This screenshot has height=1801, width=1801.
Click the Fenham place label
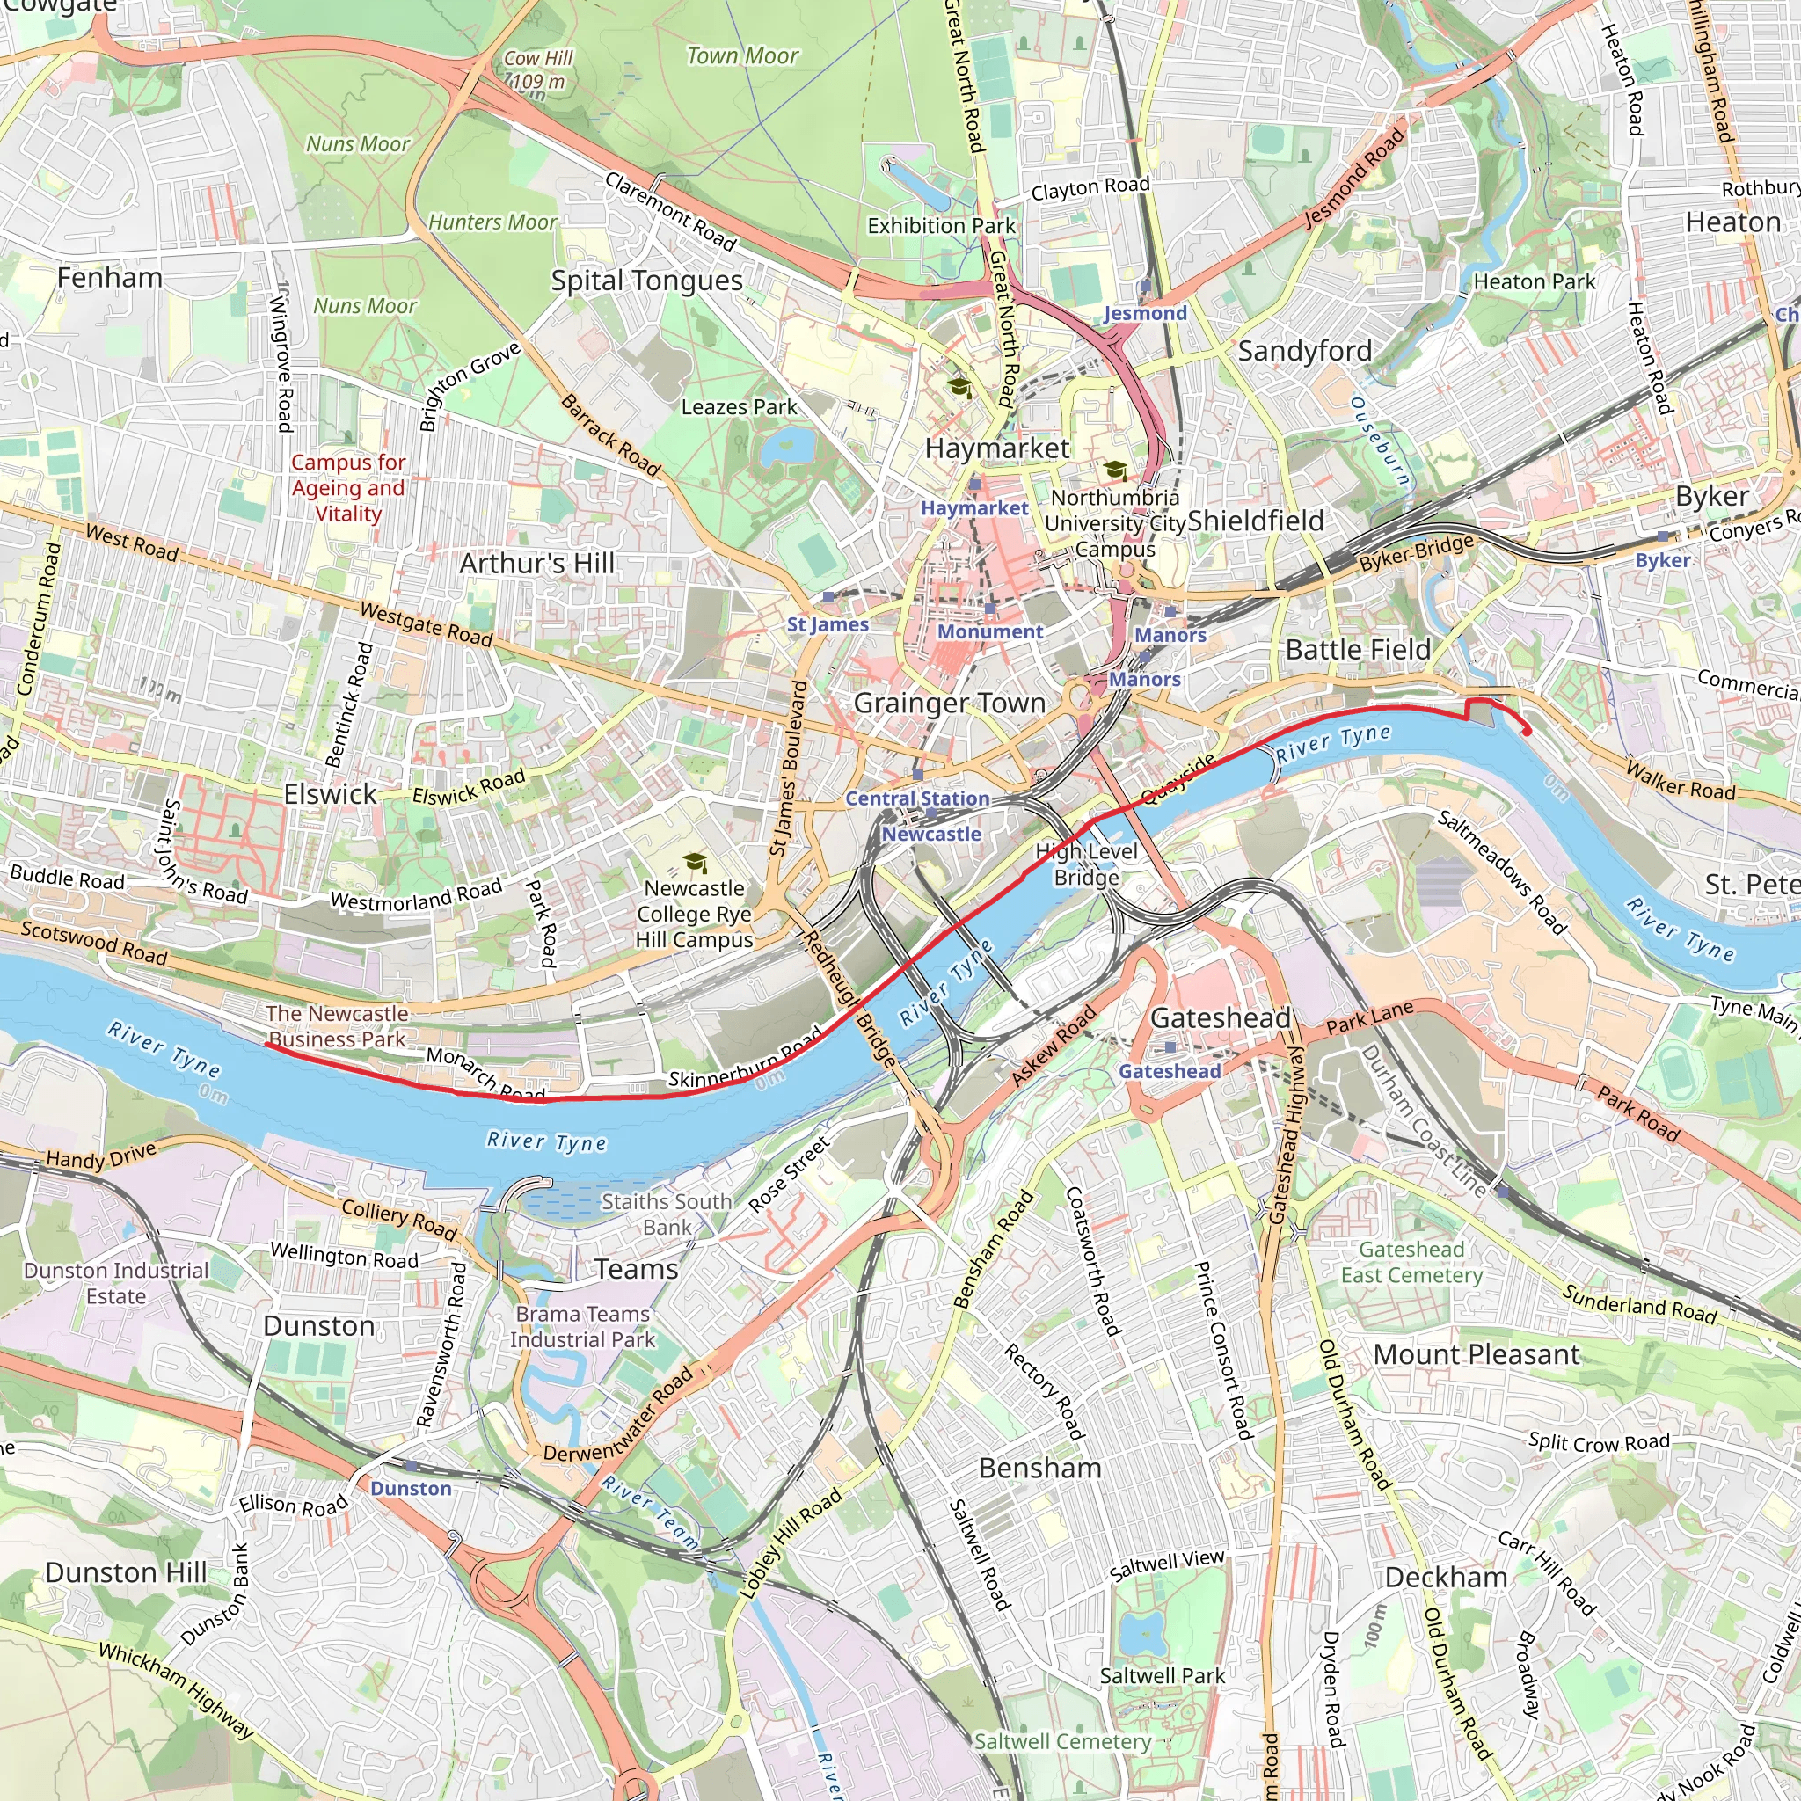[x=110, y=278]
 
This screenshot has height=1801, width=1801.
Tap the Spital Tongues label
[x=646, y=281]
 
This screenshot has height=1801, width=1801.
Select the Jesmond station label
[x=1145, y=313]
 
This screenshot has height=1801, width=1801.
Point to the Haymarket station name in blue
[x=974, y=508]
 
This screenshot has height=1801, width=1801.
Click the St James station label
[x=827, y=624]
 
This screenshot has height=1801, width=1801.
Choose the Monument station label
[x=990, y=632]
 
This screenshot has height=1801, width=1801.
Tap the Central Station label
[x=917, y=798]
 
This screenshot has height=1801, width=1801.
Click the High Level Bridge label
[x=1086, y=864]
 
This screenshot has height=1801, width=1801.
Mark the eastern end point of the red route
[x=1527, y=732]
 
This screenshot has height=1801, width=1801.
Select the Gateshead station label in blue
[x=1169, y=1072]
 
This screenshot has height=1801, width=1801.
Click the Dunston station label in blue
[x=410, y=1489]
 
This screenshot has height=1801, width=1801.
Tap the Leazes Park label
[x=739, y=407]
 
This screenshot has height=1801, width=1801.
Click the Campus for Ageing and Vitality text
[x=347, y=487]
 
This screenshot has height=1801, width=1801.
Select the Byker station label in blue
[x=1662, y=560]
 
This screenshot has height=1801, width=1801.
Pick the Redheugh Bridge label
[x=849, y=998]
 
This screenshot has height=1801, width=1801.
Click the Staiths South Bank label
[x=666, y=1214]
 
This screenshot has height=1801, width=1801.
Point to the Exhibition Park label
[x=941, y=226]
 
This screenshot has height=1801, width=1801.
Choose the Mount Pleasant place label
[x=1477, y=1354]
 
